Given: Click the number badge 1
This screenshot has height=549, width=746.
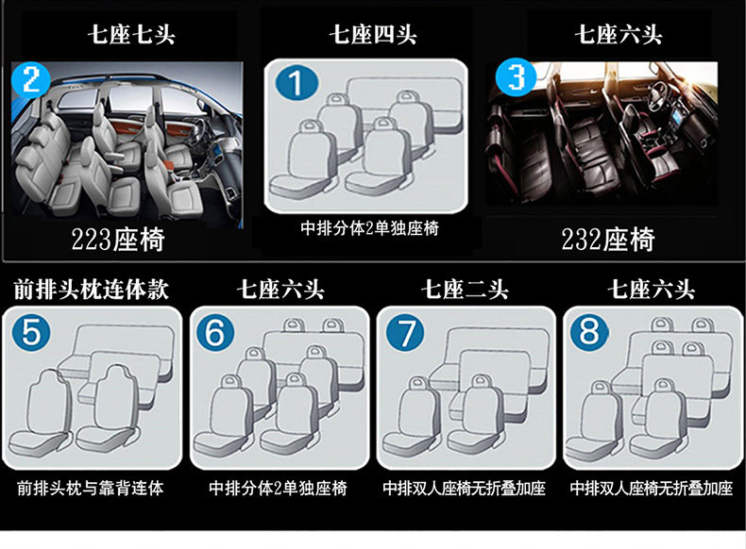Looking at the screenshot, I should [x=297, y=86].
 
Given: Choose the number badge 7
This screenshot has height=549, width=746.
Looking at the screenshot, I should [x=407, y=333].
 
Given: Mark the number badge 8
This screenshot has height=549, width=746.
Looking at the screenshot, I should [x=590, y=333].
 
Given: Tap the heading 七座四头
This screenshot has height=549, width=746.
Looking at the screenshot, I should [x=372, y=36].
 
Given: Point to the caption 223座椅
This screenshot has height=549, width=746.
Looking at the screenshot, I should [x=118, y=240].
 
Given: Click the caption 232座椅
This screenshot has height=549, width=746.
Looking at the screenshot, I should [x=608, y=240].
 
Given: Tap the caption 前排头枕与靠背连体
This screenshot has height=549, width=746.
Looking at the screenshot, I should [x=91, y=489].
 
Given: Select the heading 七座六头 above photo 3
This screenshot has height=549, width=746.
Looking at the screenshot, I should [x=619, y=36].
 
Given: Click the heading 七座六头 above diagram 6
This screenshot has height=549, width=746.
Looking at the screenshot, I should [x=280, y=289].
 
